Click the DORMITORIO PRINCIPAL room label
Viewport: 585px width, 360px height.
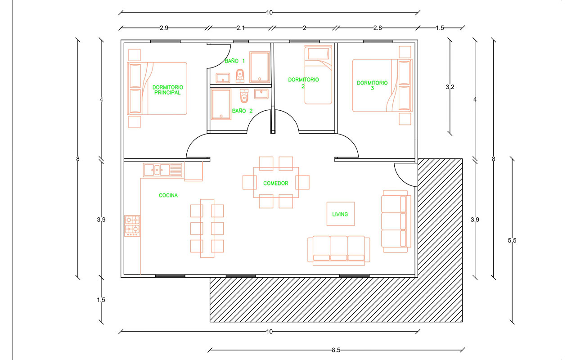(x=168, y=90)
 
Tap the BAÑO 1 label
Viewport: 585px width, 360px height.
(x=235, y=61)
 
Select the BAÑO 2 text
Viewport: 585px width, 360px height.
(x=243, y=111)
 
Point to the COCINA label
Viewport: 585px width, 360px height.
(x=168, y=195)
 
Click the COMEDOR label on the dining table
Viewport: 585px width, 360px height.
(x=276, y=183)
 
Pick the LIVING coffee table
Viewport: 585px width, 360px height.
(x=341, y=214)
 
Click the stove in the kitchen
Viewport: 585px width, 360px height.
(x=132, y=226)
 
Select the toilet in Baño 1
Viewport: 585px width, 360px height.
(x=240, y=76)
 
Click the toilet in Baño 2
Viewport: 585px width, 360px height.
(x=244, y=96)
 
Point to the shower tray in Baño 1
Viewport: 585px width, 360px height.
(x=259, y=67)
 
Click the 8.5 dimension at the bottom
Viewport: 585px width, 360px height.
(x=336, y=350)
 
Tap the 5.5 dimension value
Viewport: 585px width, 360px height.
(x=512, y=240)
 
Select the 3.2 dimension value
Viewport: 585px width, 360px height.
(x=450, y=87)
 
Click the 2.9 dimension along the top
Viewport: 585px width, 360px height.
(x=164, y=28)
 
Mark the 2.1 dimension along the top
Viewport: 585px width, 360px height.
(x=241, y=28)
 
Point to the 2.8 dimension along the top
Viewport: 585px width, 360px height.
(x=378, y=28)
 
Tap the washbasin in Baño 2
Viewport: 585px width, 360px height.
(x=261, y=94)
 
